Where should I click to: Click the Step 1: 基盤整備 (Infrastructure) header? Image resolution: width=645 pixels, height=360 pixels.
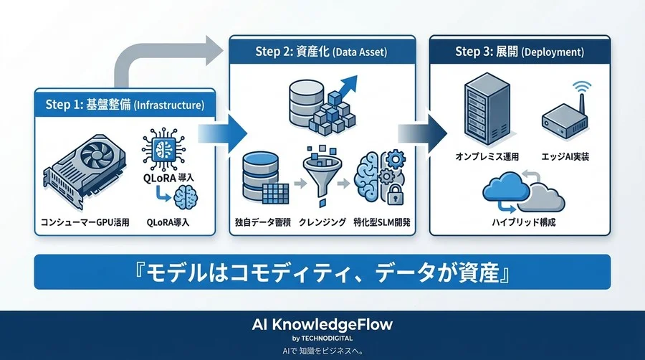point(125,105)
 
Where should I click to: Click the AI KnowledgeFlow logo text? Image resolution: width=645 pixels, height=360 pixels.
point(322,324)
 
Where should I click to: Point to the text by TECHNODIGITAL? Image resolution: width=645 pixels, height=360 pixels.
point(322,338)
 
